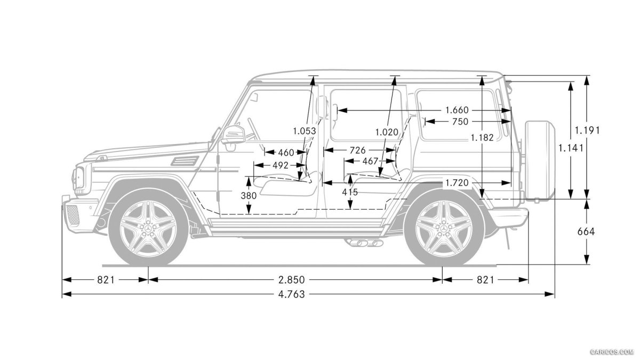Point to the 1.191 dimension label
click(587, 130)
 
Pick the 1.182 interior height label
click(482, 137)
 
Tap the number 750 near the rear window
click(460, 122)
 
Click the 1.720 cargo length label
click(457, 183)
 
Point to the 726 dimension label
click(358, 150)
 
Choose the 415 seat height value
click(350, 192)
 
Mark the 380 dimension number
click(249, 196)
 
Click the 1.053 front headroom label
click(305, 131)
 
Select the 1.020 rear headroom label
click(387, 132)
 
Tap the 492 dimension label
click(280, 165)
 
